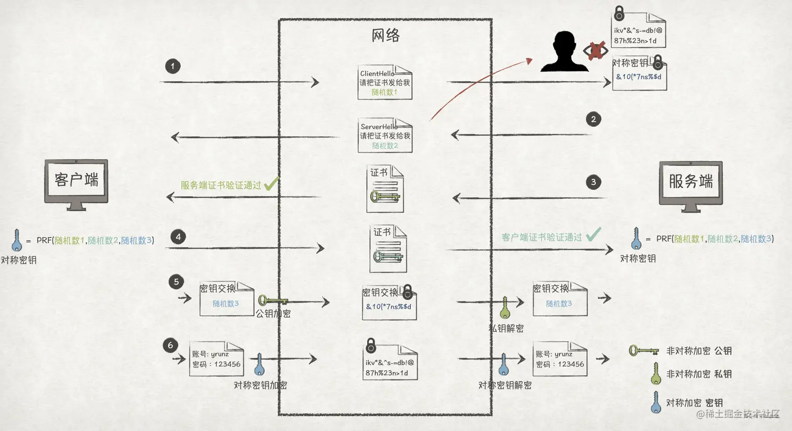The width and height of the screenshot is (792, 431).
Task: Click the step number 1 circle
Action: click(x=173, y=66)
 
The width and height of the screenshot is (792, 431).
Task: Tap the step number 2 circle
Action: click(x=593, y=119)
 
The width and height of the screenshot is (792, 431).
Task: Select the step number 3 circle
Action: click(x=593, y=182)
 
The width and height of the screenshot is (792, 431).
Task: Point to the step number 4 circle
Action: click(x=178, y=236)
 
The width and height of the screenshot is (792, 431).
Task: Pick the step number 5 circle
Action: click(x=176, y=282)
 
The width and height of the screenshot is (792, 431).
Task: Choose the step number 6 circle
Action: click(x=170, y=345)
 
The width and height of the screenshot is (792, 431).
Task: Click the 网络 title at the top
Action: click(x=386, y=36)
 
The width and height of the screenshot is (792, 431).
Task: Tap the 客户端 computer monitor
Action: click(x=76, y=184)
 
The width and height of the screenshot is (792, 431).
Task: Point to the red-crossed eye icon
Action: click(x=596, y=51)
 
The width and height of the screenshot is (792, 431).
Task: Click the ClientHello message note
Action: click(x=385, y=82)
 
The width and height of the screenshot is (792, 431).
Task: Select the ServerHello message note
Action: click(x=385, y=135)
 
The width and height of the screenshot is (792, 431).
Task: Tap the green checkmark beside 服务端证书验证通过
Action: click(x=271, y=184)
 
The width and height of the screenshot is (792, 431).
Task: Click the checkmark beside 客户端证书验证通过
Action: click(x=593, y=234)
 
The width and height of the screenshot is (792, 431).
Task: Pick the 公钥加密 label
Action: click(x=273, y=314)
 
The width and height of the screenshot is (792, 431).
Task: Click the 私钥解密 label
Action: click(x=506, y=328)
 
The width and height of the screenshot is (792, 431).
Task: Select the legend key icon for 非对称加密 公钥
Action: click(x=643, y=350)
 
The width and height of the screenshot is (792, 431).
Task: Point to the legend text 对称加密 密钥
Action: click(x=694, y=403)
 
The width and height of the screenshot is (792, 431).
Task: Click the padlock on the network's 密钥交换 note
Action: click(x=407, y=292)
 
